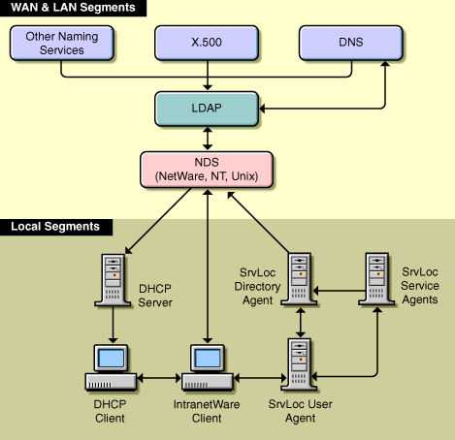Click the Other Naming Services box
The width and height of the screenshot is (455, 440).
click(62, 43)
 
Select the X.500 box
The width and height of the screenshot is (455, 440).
click(207, 43)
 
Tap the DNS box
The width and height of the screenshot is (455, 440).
click(351, 43)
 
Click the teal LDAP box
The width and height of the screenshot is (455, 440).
click(207, 109)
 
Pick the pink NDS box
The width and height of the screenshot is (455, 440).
click(207, 170)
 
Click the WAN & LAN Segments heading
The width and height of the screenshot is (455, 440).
click(73, 8)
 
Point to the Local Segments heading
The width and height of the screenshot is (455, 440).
click(55, 227)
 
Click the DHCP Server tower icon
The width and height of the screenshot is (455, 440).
click(113, 280)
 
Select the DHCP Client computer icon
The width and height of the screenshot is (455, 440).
click(111, 367)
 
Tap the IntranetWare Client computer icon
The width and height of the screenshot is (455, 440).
click(208, 367)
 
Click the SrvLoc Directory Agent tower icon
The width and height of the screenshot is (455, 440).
click(299, 279)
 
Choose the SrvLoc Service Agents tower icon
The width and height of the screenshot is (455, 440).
click(376, 279)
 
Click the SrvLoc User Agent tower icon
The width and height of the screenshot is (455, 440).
click(299, 364)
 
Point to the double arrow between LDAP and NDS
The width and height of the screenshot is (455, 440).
click(208, 139)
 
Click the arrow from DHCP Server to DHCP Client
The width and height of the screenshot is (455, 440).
click(113, 325)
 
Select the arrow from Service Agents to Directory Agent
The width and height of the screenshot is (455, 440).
click(339, 291)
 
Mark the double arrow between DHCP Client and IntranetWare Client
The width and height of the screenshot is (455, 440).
click(159, 378)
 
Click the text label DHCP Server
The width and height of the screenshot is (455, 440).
click(155, 296)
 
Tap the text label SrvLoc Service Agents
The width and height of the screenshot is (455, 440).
click(420, 286)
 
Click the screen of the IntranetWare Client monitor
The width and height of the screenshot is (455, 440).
click(208, 359)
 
